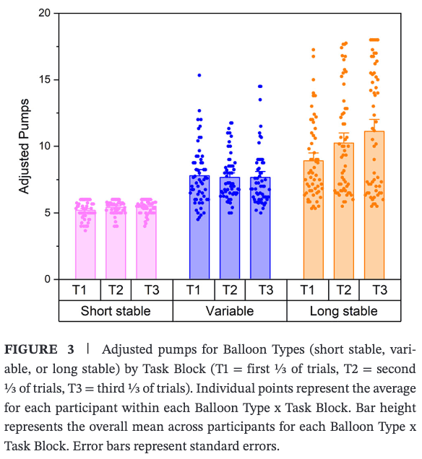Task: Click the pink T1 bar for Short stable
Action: (85, 245)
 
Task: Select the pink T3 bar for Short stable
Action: (147, 245)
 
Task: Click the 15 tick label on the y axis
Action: (45, 80)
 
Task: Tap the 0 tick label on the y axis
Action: (48, 279)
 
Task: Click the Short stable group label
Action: (116, 312)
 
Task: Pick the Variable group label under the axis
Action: (230, 312)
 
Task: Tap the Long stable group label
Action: (344, 312)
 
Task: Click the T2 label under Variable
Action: (230, 290)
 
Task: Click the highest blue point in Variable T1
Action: (199, 75)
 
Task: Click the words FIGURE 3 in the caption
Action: (40, 350)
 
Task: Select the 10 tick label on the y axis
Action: (45, 147)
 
